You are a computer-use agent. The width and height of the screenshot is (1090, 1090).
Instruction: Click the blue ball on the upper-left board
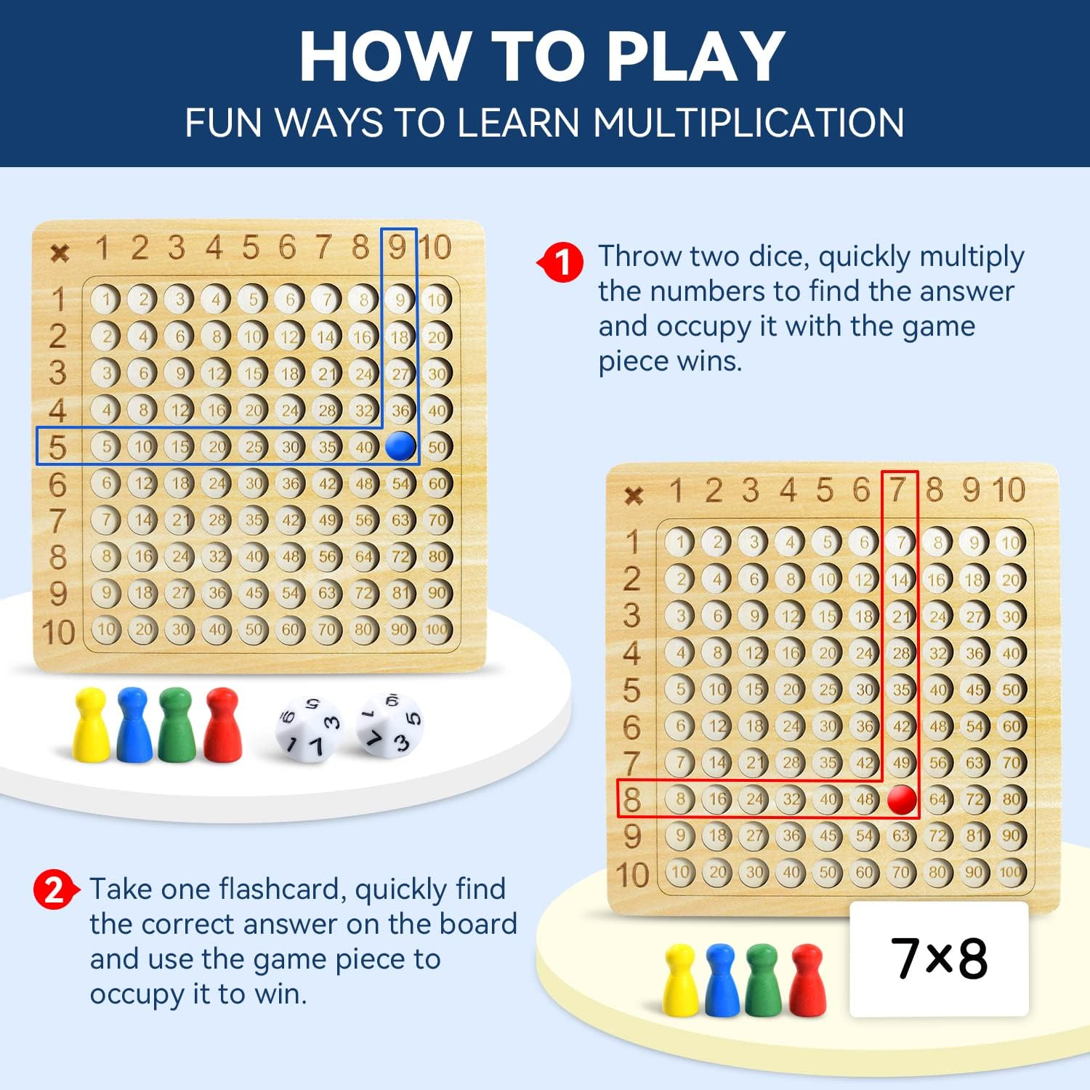pos(400,446)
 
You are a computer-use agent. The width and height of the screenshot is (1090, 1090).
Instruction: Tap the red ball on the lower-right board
pos(902,799)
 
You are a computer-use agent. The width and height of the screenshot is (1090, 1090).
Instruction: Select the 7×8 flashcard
pos(939,958)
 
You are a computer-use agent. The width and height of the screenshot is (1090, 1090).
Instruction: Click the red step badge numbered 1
pos(562,262)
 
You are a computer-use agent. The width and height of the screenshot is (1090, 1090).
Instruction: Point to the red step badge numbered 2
pos(54,889)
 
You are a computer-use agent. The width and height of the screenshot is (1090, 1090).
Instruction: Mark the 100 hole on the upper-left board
pos(436,629)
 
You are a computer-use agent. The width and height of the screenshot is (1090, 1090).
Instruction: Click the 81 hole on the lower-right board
pos(974,836)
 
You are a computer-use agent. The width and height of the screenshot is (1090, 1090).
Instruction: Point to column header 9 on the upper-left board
pos(397,248)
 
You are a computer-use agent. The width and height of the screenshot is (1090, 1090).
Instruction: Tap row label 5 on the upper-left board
pos(57,447)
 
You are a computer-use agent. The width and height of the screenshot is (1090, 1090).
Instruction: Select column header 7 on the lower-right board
pos(899,490)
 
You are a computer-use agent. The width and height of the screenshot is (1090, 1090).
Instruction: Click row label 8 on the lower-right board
pos(632,799)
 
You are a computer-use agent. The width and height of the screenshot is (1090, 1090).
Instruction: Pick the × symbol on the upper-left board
pos(60,253)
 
